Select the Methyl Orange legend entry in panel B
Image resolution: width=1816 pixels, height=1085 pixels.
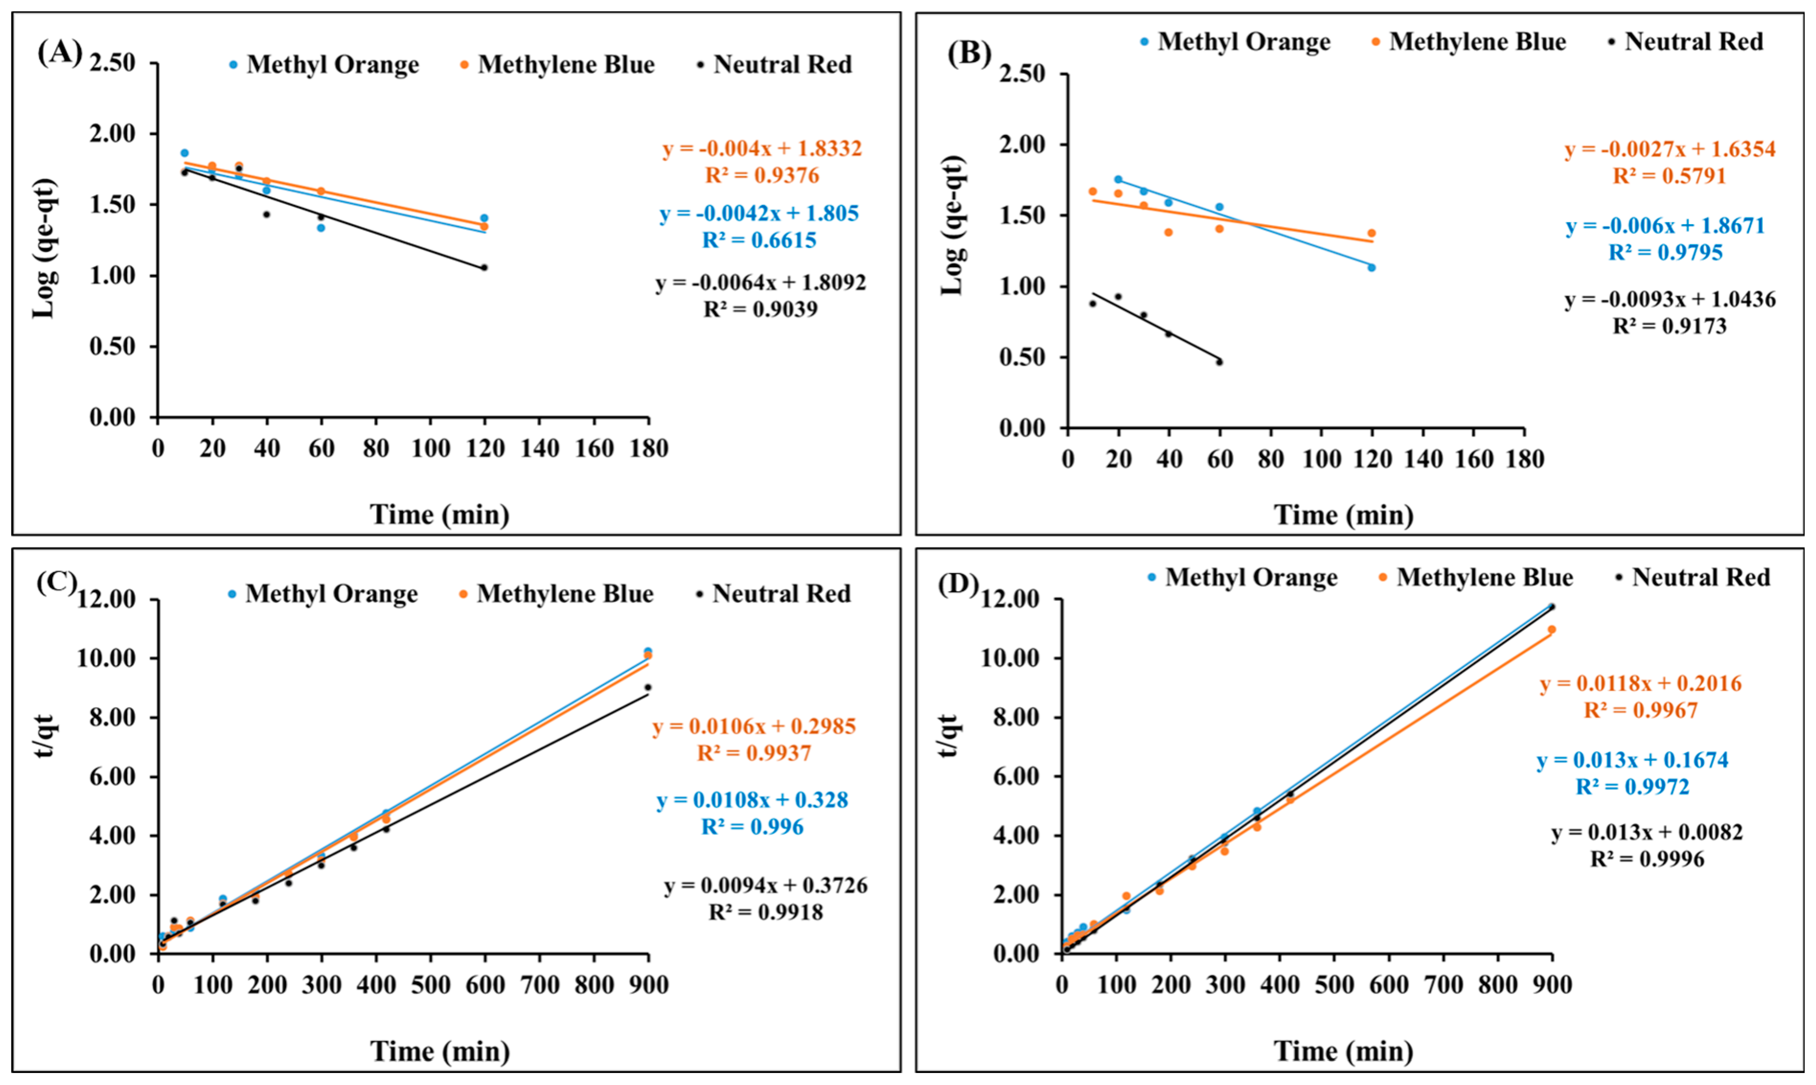pos(1235,42)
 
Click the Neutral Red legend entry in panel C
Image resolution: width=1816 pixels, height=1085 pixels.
pos(774,594)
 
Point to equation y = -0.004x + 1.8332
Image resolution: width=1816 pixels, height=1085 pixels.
pos(762,148)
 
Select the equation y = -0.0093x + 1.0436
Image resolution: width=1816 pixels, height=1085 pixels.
pos(1670,299)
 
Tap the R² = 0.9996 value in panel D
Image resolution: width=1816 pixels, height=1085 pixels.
pos(1647,859)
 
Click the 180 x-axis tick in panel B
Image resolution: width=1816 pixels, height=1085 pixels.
pos(1525,459)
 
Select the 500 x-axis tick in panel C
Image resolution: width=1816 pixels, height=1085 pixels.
pos(430,985)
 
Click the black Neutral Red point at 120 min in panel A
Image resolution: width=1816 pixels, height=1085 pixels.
pos(484,268)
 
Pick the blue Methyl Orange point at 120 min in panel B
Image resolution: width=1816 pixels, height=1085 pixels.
pos(1371,268)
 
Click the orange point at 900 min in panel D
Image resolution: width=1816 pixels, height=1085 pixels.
pos(1551,630)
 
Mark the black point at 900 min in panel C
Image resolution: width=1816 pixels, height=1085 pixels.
pos(647,687)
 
